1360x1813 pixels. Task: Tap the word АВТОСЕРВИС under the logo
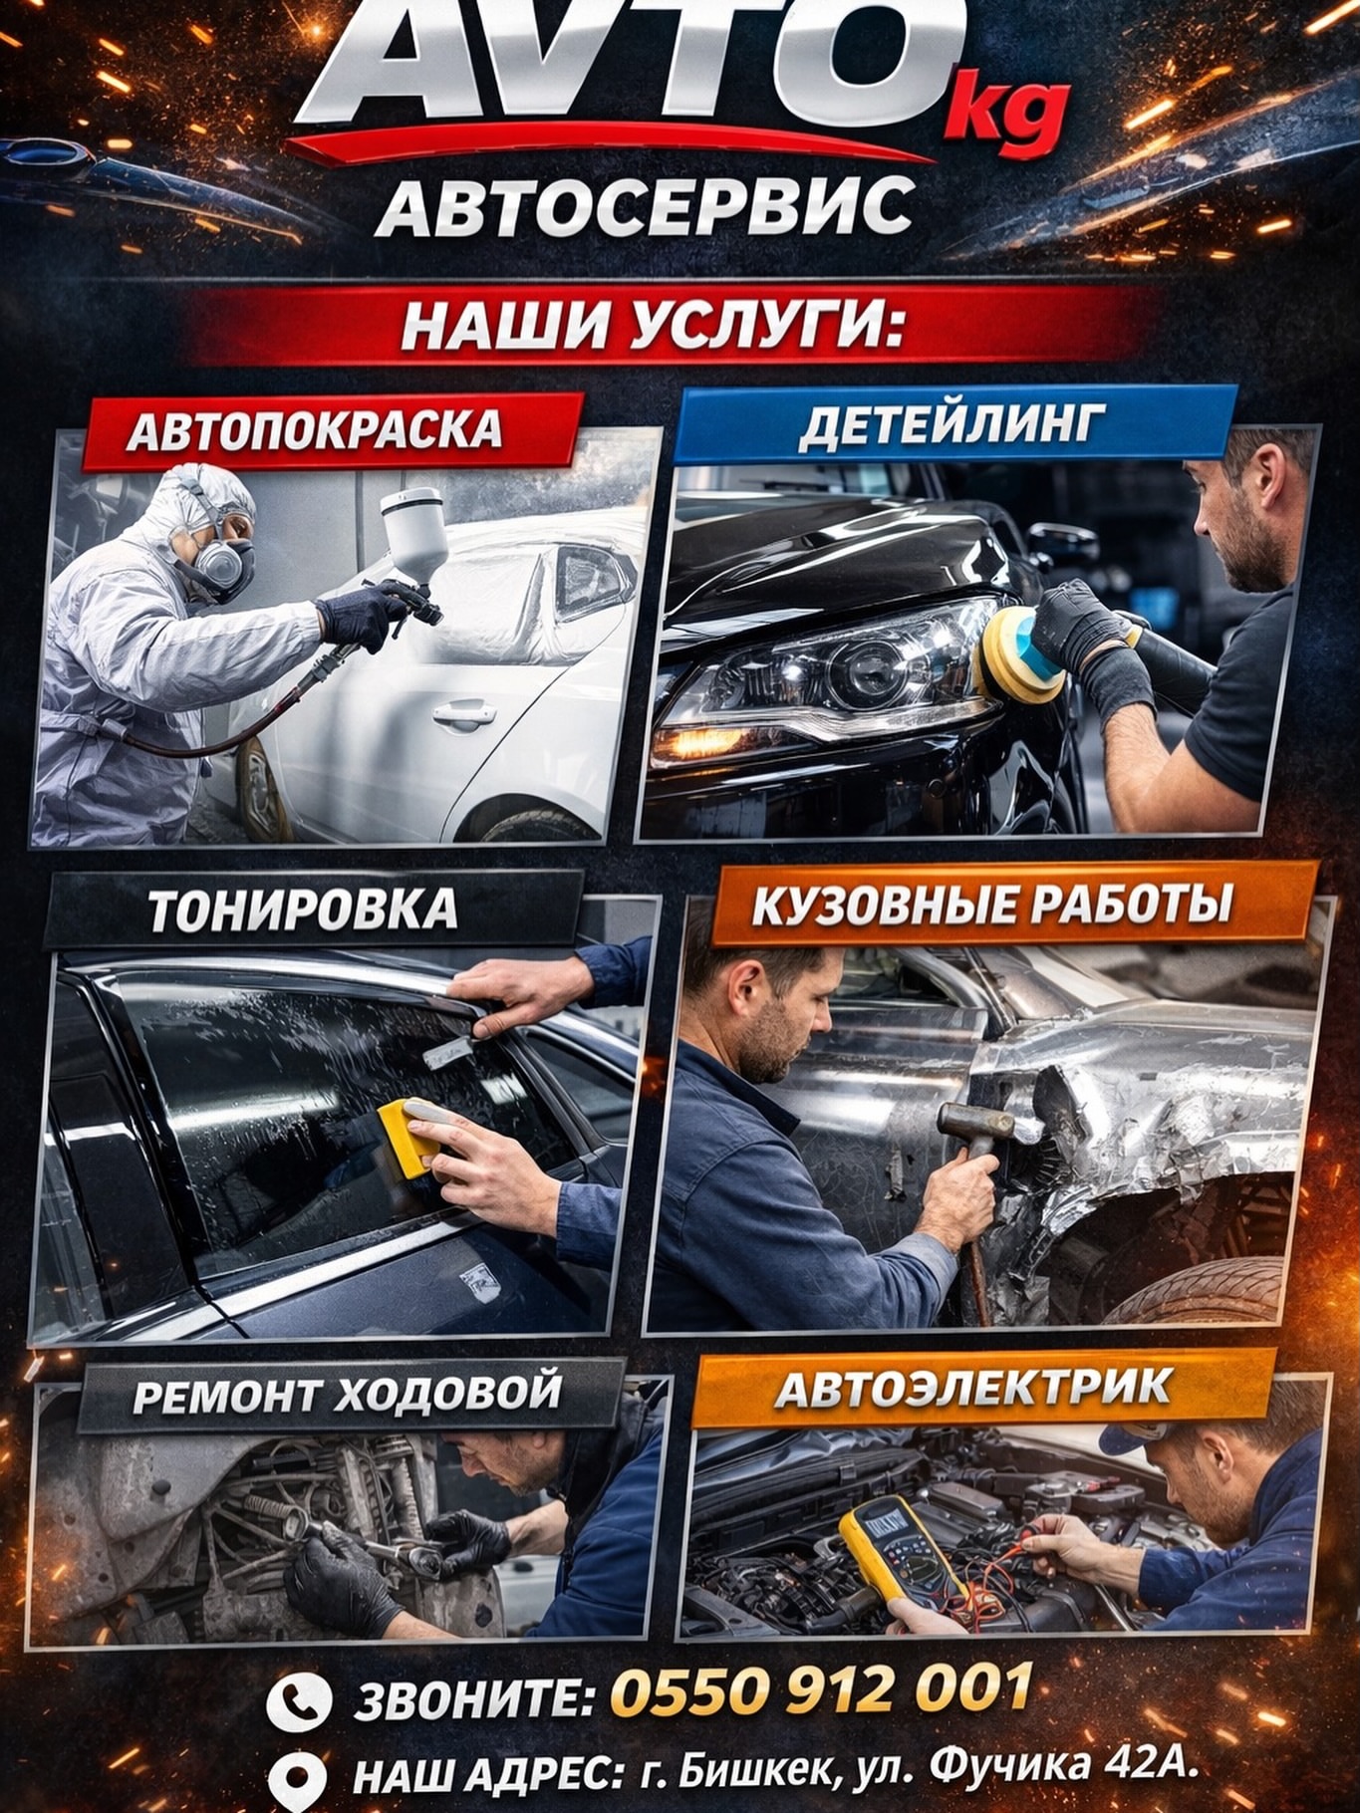[x=645, y=206]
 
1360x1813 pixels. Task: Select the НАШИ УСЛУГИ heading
[x=653, y=325]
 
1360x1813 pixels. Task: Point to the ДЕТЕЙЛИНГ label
[x=952, y=424]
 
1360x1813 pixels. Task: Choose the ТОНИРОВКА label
[x=303, y=909]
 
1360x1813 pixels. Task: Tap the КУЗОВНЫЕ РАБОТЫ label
[x=992, y=905]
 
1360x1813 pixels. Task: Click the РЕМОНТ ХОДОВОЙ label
[x=348, y=1393]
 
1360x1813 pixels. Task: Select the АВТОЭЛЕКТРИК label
[x=973, y=1387]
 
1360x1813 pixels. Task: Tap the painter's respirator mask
[x=222, y=565]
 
